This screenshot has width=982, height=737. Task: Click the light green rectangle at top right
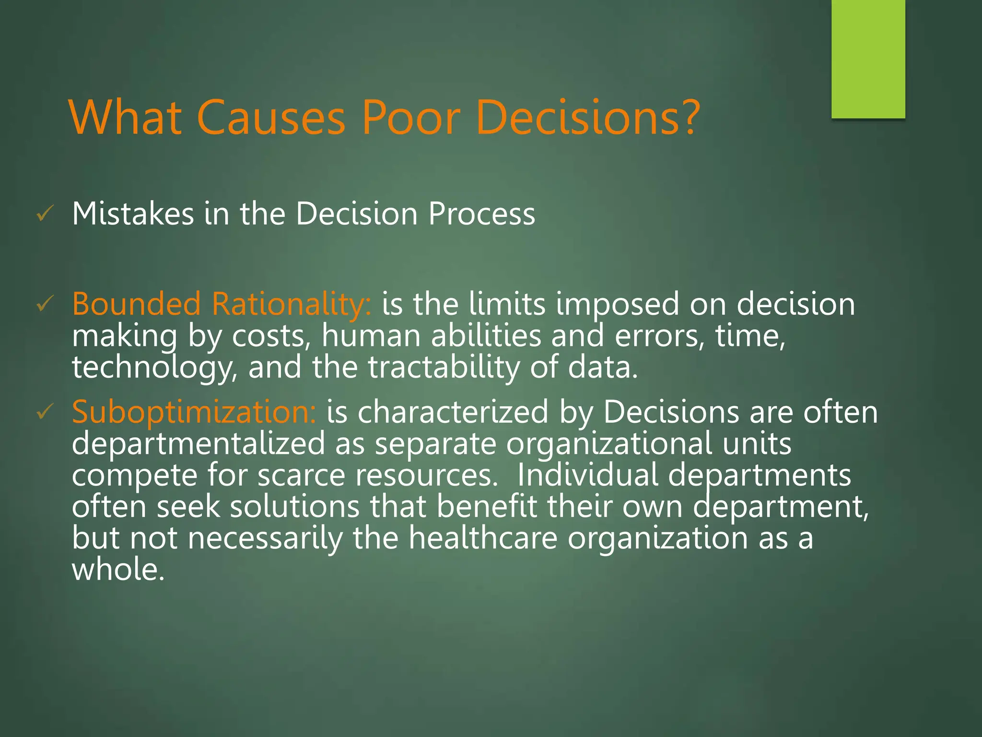(868, 59)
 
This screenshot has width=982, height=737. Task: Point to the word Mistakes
(133, 214)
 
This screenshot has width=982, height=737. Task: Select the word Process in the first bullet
(481, 214)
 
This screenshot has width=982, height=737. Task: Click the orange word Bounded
(136, 304)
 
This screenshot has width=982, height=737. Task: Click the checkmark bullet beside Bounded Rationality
(45, 304)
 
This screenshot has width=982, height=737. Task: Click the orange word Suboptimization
(194, 412)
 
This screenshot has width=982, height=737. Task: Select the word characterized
(453, 412)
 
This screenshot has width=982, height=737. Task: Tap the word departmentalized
(198, 444)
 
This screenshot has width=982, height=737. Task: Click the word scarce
(301, 475)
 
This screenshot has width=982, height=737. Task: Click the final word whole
(118, 570)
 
